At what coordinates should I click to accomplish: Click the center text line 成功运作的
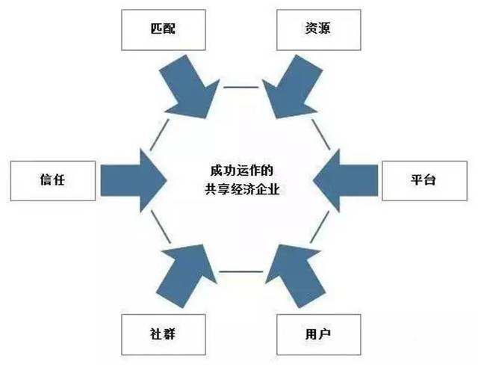pyautogui.click(x=238, y=170)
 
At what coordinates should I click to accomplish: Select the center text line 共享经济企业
pyautogui.click(x=238, y=190)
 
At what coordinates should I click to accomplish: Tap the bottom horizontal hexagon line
pyautogui.click(x=238, y=271)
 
